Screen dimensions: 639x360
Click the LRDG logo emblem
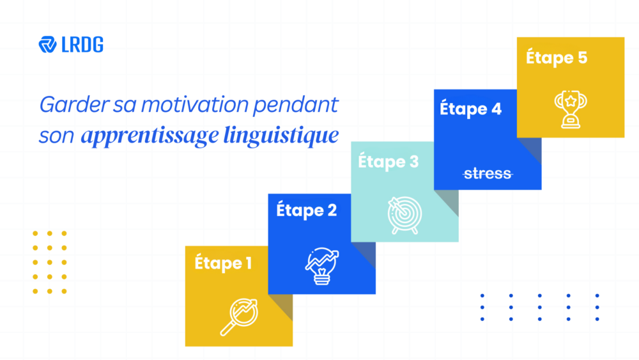point(48,44)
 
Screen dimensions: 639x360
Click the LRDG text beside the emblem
point(82,45)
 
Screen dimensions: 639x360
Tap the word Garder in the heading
point(74,104)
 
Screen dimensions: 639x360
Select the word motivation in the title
point(195,104)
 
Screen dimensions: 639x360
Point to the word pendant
point(296,106)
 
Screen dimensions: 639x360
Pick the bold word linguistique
point(281,136)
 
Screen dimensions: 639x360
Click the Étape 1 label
point(223,262)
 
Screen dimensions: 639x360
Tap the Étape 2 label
point(307,210)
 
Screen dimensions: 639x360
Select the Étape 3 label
point(389,161)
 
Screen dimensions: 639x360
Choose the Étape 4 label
point(471,109)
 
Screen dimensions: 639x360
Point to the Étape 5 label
point(557,57)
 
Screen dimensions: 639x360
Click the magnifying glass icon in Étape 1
point(239,317)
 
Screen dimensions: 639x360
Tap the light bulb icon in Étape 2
point(322,266)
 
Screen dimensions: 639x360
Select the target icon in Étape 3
point(404,215)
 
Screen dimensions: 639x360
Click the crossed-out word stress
point(488,174)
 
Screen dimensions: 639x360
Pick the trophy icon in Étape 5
point(571,109)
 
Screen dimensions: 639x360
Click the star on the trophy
point(571,100)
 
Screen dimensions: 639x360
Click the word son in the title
point(56,136)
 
